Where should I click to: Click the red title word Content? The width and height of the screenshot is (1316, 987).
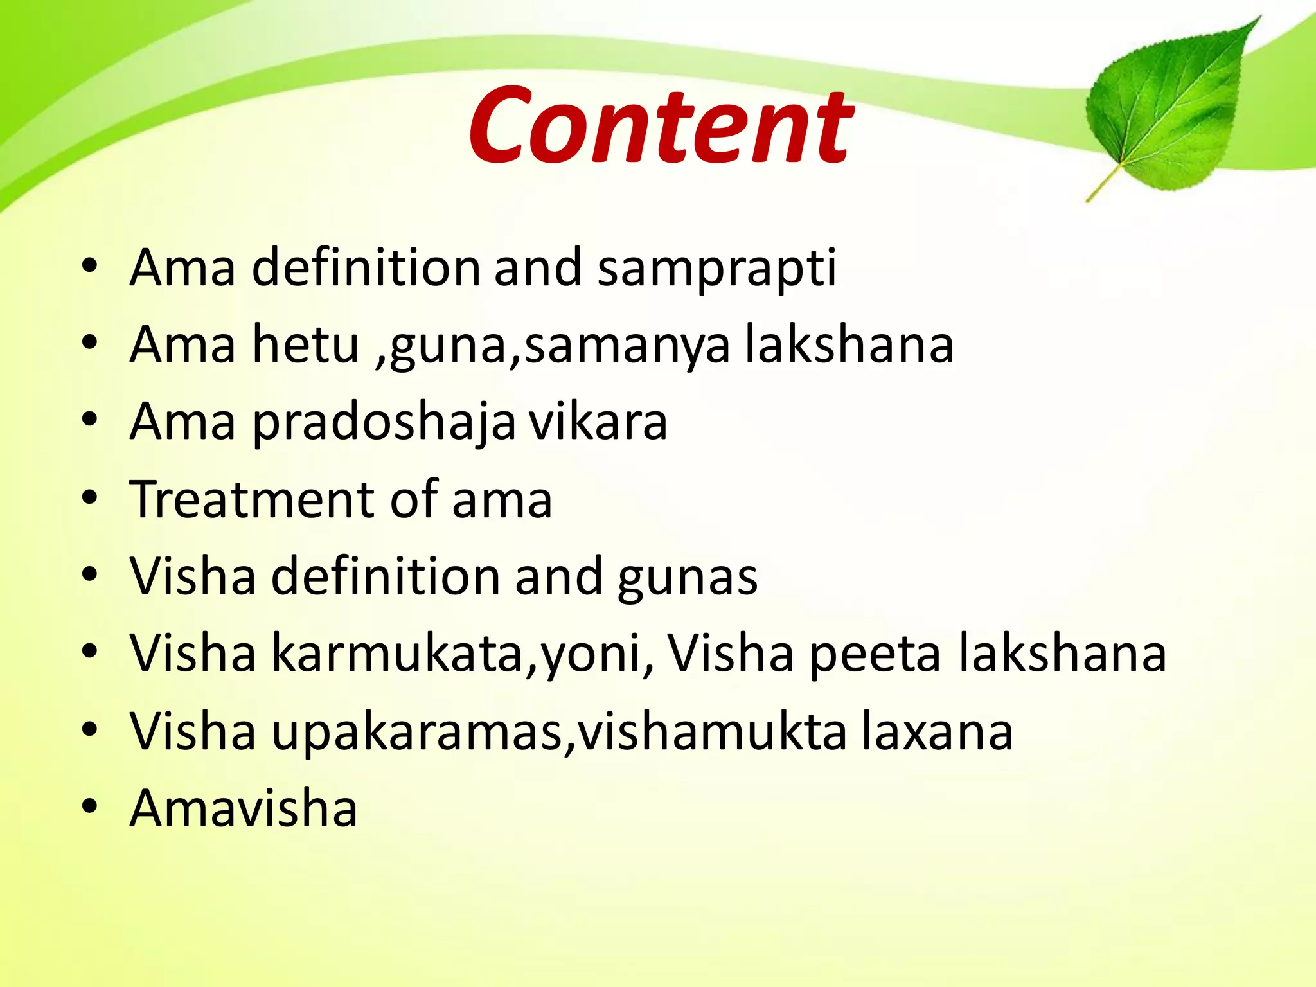coord(661,125)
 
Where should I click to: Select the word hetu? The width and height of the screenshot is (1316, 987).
coord(305,344)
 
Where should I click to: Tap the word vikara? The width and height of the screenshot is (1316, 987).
coord(598,422)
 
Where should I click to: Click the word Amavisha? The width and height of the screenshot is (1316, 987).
coord(243,808)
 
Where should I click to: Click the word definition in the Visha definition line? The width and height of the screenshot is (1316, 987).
coord(385,576)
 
